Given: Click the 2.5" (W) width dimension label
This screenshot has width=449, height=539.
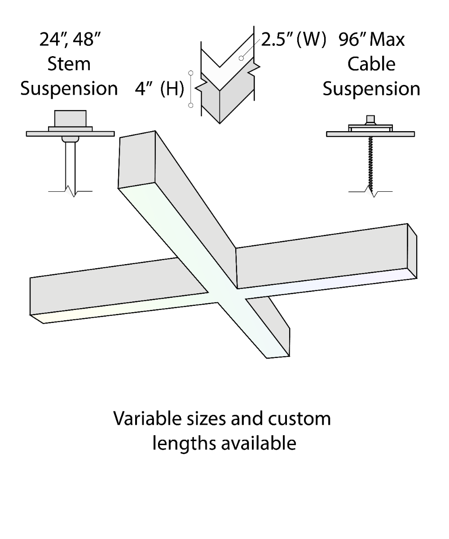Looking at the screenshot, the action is click(x=294, y=40).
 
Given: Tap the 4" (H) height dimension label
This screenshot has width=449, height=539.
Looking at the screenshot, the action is click(x=159, y=88).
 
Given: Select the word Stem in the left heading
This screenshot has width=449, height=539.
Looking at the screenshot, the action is click(x=69, y=64).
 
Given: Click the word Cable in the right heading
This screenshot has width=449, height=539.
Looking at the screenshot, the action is click(x=371, y=64).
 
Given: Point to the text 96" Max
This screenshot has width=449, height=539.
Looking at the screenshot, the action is click(x=372, y=40).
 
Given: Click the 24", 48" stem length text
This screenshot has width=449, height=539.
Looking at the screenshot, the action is click(x=70, y=40).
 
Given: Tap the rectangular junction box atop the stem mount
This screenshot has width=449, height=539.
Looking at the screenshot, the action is click(x=70, y=119).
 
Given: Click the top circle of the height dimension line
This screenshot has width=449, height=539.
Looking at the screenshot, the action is click(x=191, y=73).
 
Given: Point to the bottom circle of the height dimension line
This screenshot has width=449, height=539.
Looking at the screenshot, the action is click(x=191, y=105).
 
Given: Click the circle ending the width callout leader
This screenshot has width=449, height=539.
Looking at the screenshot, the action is click(x=241, y=58).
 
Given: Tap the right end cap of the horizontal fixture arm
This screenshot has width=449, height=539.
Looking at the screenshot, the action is click(x=412, y=251).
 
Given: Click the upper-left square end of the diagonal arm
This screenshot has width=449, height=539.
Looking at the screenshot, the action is click(x=137, y=159).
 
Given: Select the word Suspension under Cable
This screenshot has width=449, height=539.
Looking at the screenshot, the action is click(x=371, y=89).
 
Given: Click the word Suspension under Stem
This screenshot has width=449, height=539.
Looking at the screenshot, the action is click(x=69, y=89).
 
